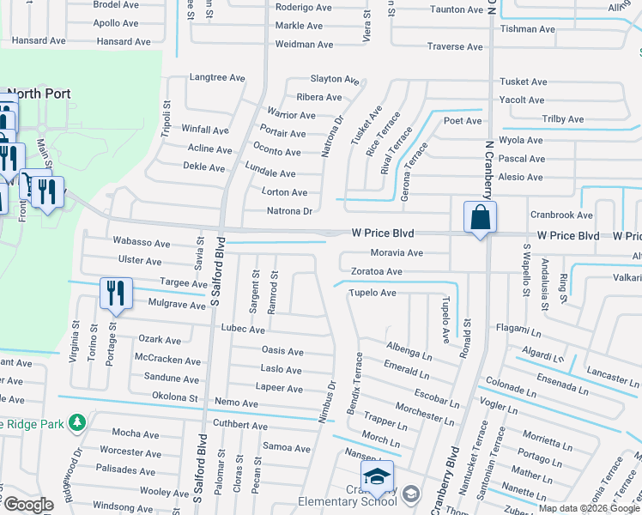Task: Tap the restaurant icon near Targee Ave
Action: [x=115, y=293]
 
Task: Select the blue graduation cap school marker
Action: [x=377, y=476]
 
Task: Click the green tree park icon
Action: [x=77, y=422]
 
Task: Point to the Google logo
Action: [x=28, y=505]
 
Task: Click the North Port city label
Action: [x=39, y=93]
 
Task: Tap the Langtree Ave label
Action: [x=217, y=78]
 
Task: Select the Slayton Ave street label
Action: [x=334, y=79]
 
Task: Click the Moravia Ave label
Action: [x=397, y=253]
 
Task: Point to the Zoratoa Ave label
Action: [x=376, y=272]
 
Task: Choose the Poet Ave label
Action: [x=463, y=121]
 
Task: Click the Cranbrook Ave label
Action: [x=561, y=215]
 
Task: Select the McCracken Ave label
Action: [x=167, y=358]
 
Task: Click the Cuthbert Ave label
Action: [x=240, y=425]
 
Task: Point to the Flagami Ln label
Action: [x=519, y=328]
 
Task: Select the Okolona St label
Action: [x=175, y=398]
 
